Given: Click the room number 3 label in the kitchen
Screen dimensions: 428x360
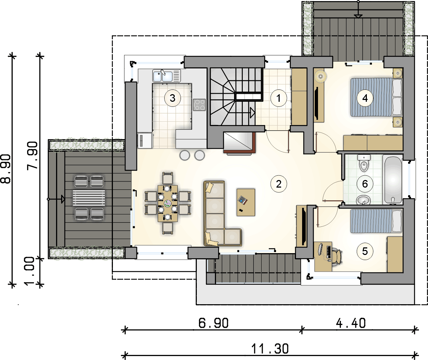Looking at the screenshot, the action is [x=173, y=98].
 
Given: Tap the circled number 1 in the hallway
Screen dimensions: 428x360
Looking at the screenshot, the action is [x=279, y=98].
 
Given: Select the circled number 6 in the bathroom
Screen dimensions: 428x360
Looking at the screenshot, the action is [x=365, y=184].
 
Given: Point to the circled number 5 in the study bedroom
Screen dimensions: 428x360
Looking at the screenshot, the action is [x=365, y=251].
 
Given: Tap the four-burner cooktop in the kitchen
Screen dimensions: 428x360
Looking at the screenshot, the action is [x=199, y=105].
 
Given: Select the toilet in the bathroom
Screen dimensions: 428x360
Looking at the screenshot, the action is [x=364, y=163].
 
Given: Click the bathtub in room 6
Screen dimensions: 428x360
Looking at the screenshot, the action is [x=393, y=180].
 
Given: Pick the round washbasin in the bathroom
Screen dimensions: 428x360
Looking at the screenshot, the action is [x=363, y=200].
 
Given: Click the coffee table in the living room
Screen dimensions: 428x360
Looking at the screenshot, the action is [x=246, y=202].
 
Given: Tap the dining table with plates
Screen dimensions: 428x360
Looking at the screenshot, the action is [x=168, y=204].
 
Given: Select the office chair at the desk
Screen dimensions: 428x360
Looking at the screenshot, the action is [x=338, y=257].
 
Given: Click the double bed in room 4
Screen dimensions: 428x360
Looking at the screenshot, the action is [x=376, y=97].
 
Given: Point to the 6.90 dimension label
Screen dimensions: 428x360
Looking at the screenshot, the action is [x=213, y=323].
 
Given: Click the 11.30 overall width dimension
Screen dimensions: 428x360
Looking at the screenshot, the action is [x=270, y=349].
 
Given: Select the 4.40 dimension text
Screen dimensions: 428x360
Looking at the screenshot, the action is [x=351, y=323].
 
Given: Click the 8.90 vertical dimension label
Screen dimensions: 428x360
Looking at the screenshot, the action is [x=6, y=169].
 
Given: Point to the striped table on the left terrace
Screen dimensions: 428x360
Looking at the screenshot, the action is [x=89, y=198].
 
